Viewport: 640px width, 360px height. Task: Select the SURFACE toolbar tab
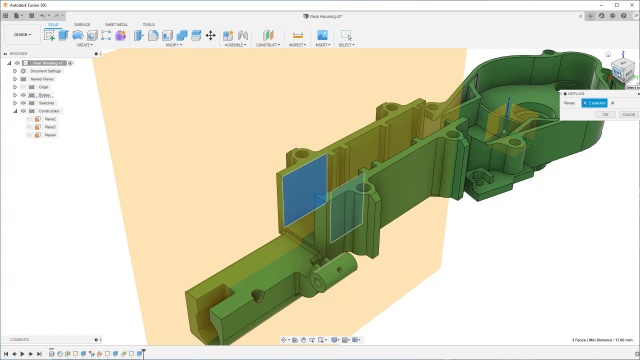82,24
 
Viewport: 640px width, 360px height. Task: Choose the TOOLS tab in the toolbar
148,24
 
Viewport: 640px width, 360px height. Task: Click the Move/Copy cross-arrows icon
210,35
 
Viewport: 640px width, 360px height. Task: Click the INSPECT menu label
297,45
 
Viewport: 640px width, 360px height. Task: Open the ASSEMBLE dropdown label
236,45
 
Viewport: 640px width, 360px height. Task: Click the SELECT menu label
346,45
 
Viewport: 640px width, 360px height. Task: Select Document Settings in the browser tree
46,71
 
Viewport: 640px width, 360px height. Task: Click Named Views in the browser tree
42,79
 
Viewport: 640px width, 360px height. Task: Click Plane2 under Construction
51,127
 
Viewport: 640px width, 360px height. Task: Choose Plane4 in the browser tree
51,135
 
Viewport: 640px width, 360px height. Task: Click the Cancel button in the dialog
626,114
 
